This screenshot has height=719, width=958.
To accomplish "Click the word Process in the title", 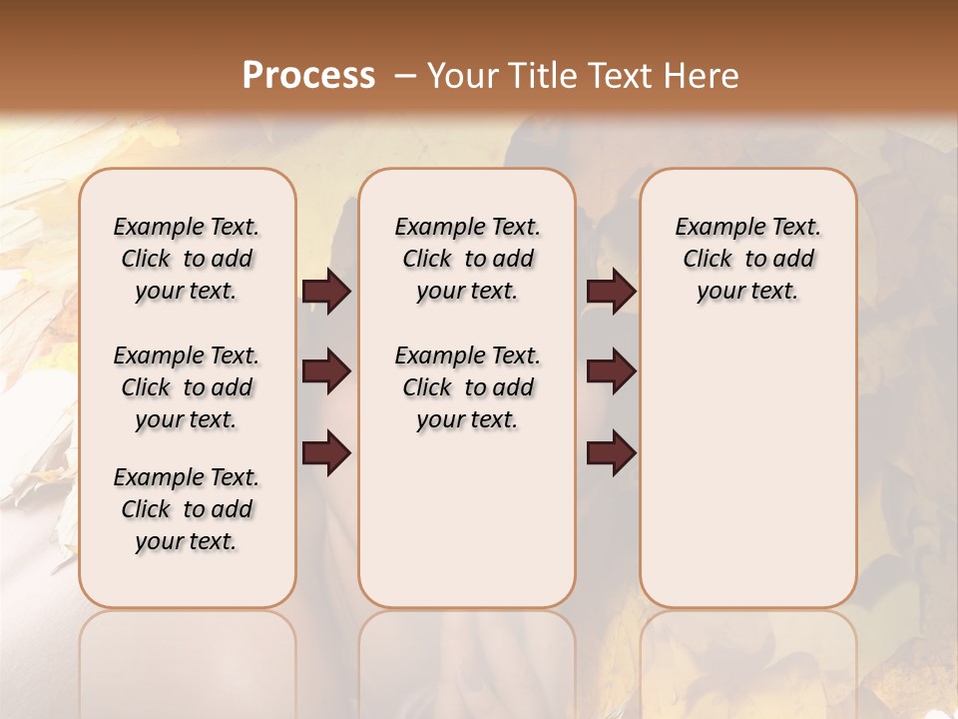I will [x=308, y=75].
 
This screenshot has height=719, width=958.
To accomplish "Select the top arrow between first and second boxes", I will [x=326, y=292].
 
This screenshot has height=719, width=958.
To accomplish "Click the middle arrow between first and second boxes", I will [x=326, y=372].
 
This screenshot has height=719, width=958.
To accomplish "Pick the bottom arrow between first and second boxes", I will [x=326, y=453].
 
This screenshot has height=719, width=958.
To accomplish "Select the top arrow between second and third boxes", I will [x=611, y=292].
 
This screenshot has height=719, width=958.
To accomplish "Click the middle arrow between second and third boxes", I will [x=611, y=372].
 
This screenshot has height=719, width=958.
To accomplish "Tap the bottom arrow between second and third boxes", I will [x=611, y=453].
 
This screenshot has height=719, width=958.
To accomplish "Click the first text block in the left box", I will [x=187, y=259].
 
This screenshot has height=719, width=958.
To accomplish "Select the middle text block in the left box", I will [x=187, y=387].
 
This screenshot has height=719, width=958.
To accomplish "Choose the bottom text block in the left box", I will [x=187, y=509].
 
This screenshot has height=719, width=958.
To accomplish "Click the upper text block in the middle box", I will [x=467, y=259].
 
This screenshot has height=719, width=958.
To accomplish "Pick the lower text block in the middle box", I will [x=467, y=387].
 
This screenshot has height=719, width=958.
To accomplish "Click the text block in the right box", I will [x=748, y=259].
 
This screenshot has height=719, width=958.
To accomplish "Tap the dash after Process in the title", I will [x=405, y=75].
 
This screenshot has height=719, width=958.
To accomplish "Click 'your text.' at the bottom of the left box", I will [x=187, y=541].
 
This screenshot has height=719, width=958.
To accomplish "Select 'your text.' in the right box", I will [x=748, y=291].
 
